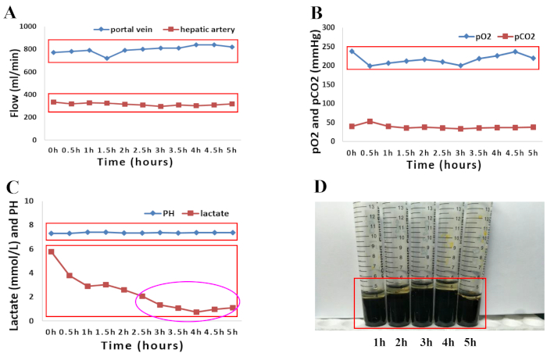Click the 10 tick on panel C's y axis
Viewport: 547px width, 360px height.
[32, 201]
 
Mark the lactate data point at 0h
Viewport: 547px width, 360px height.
[52, 251]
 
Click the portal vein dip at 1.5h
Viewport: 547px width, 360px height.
[106, 59]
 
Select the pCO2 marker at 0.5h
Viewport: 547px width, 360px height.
[370, 122]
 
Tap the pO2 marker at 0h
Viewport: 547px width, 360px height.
[352, 52]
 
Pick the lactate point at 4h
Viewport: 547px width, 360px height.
[195, 312]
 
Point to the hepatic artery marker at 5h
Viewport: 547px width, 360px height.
[231, 104]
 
